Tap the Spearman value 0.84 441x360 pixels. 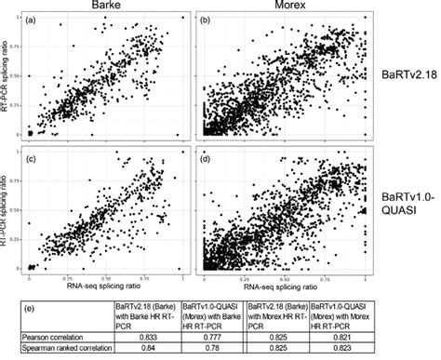point(141,348)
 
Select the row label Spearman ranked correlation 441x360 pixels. point(71,348)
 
